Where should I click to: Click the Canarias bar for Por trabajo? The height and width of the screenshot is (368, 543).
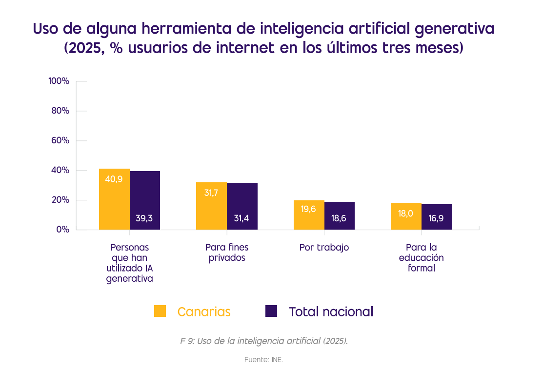[309, 215]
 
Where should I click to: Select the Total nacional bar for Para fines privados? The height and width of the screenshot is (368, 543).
[242, 206]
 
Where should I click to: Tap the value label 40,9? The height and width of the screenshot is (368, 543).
[114, 179]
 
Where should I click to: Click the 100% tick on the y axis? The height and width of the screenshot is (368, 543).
[59, 81]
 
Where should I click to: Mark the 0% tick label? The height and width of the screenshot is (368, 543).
[62, 230]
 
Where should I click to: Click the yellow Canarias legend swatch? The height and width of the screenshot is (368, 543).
[160, 311]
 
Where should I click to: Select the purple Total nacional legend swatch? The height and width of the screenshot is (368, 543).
[271, 311]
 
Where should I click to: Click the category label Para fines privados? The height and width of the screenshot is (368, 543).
[227, 252]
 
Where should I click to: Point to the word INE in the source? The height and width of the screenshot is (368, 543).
[277, 360]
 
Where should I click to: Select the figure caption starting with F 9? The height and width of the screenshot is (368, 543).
[264, 341]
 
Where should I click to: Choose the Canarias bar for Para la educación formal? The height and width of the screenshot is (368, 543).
[406, 216]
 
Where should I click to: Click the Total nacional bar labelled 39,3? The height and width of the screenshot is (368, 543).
[145, 200]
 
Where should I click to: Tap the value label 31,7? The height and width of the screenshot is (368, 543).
[211, 193]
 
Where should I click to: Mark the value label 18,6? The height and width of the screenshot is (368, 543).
[339, 218]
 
